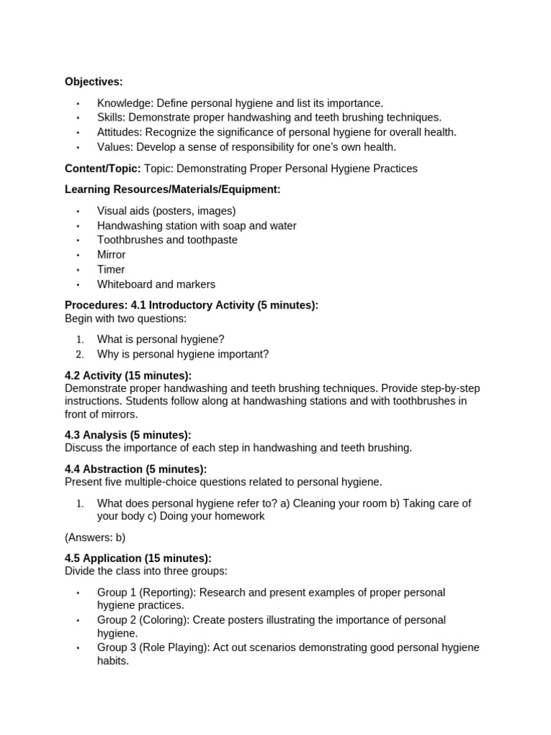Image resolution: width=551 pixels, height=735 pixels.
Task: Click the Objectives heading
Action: pos(94,82)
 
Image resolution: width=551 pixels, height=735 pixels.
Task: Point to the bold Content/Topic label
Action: pos(103,169)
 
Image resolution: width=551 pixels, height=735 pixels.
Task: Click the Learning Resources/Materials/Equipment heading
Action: pos(172,189)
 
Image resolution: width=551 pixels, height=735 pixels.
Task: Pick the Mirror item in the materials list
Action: pos(111,255)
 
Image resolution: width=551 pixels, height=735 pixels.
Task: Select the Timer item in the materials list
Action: pos(111,269)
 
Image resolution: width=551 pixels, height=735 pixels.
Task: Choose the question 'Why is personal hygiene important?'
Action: pos(183,354)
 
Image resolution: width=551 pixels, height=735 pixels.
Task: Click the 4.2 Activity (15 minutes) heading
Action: pos(128,376)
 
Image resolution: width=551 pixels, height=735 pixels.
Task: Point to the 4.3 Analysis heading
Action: pos(128,435)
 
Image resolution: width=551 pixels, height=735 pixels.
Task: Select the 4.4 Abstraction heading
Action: pos(136,469)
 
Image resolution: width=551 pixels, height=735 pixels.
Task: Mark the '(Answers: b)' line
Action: pos(95,538)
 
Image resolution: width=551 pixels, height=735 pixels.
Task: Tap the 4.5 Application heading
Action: pos(138,558)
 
